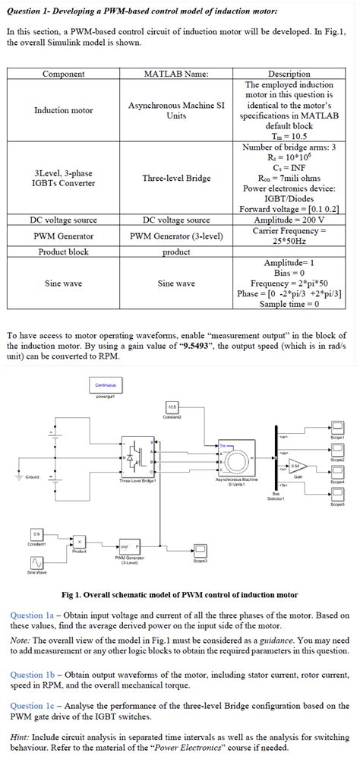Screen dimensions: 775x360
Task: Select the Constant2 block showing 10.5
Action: (x=172, y=407)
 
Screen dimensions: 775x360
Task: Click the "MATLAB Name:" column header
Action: (x=176, y=74)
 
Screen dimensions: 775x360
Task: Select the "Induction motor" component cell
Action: (x=63, y=110)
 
